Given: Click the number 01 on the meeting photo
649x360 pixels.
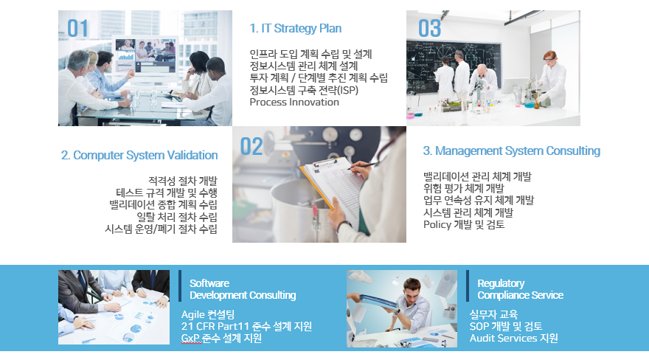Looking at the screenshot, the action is (78, 29).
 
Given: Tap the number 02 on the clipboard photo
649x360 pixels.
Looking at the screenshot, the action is (251, 147).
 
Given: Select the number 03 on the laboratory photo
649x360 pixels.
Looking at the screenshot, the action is (430, 29).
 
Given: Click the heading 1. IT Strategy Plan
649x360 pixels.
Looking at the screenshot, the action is (296, 28).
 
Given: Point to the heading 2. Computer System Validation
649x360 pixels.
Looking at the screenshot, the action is (139, 155).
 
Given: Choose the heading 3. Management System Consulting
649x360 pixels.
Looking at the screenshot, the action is (512, 151).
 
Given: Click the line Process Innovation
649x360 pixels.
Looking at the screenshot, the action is (294, 103).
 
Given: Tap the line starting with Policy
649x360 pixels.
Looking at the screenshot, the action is (464, 225).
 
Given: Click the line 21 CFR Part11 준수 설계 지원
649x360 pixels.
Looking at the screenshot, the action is (246, 327).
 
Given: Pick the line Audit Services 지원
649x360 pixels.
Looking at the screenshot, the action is (513, 338).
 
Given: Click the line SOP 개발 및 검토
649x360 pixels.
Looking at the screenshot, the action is (506, 327).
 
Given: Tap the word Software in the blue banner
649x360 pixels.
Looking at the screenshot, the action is (209, 283).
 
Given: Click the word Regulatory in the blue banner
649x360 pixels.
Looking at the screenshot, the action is (501, 283).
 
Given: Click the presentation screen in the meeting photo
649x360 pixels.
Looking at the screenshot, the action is (145, 56).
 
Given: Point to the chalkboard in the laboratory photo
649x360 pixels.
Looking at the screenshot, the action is (454, 66).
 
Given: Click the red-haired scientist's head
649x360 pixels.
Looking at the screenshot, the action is (550, 58).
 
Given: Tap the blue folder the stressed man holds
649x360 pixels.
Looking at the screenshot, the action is (378, 301).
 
